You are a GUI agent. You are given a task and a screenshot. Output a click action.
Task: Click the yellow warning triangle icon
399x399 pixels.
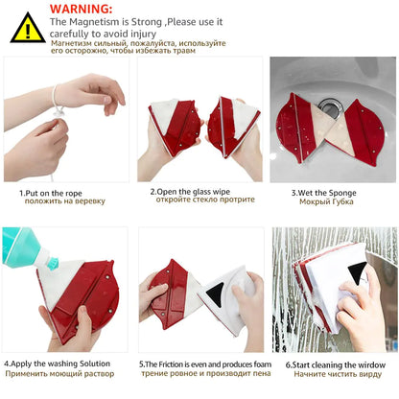(28, 29)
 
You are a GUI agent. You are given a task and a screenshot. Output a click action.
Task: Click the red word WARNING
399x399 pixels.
(81, 9)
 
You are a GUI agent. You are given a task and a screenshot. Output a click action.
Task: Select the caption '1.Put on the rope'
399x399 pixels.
(51, 193)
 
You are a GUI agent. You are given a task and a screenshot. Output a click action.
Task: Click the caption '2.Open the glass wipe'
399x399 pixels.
(190, 192)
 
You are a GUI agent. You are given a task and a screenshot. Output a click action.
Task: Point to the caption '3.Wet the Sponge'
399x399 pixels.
(323, 193)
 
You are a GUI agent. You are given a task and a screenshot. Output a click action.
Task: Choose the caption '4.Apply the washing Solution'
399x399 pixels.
(57, 364)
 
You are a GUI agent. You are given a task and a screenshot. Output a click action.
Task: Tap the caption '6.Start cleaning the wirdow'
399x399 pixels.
(336, 364)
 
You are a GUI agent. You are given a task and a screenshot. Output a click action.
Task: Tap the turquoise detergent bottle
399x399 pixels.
(27, 247)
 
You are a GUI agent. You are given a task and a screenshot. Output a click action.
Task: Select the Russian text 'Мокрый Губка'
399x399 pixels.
(326, 201)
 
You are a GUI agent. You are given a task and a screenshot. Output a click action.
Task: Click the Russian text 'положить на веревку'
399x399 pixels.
(65, 201)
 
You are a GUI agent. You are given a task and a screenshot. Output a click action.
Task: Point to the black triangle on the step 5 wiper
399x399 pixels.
(217, 293)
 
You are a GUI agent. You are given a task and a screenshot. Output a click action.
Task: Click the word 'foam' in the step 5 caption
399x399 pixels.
(263, 364)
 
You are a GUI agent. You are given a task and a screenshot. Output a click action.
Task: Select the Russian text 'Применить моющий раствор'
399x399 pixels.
(59, 374)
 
